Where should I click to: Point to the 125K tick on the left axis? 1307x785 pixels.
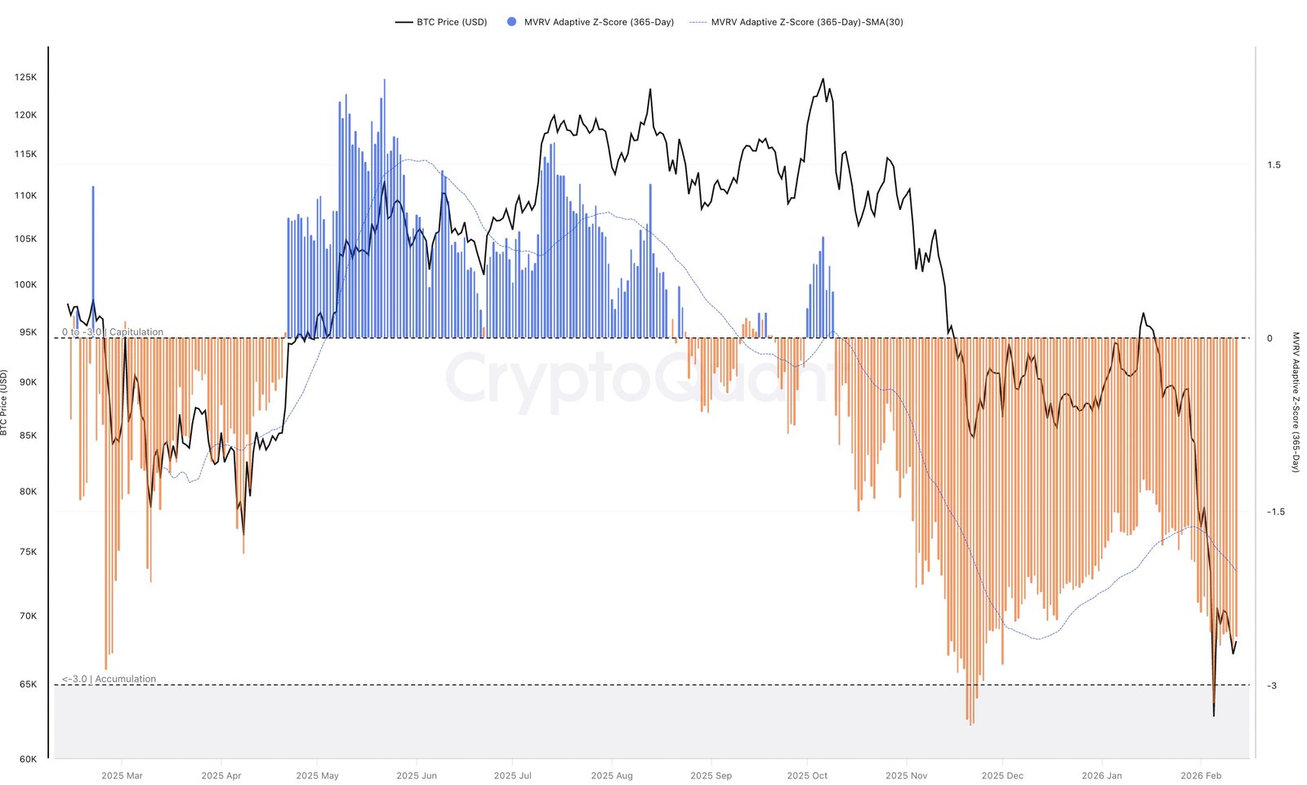[25, 78]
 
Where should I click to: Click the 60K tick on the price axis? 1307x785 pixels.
[28, 759]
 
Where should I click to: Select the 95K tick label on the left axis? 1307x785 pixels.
[28, 332]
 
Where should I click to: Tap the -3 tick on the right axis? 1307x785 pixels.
[1271, 686]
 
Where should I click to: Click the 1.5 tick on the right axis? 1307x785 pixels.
[1274, 165]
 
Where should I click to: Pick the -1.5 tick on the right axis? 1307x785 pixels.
[1275, 512]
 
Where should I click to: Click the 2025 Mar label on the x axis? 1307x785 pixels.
[122, 775]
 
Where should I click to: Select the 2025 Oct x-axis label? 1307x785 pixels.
[807, 775]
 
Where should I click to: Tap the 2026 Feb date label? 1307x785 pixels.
[1201, 775]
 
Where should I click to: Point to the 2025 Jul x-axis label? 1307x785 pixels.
[513, 775]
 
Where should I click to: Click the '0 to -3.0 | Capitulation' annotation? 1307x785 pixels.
[113, 332]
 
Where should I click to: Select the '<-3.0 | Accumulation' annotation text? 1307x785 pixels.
[109, 679]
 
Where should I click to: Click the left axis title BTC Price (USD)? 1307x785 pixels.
[4, 403]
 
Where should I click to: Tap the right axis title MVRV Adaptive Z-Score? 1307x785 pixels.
[1295, 402]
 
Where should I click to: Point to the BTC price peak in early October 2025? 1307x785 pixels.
[823, 79]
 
